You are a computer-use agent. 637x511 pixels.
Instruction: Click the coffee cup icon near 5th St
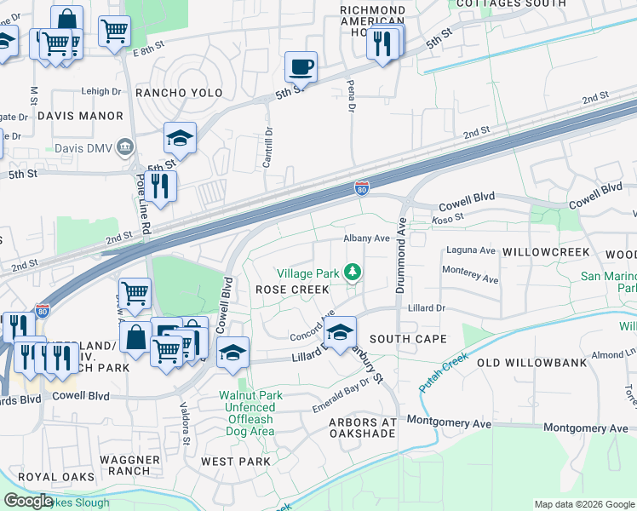pos(301,66)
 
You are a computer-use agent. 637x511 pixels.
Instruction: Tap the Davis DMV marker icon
pos(126,147)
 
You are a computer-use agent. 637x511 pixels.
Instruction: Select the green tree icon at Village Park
pos(352,273)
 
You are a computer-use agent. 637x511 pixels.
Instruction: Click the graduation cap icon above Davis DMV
pos(180,137)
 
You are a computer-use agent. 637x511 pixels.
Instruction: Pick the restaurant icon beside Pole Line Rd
pos(160,185)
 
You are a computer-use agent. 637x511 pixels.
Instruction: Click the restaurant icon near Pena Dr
pos(382,42)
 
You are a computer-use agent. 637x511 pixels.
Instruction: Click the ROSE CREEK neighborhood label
pos(292,290)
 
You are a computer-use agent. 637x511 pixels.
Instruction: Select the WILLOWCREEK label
pos(546,253)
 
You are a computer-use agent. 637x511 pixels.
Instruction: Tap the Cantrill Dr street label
pos(267,147)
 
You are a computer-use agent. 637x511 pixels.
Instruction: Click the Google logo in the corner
pos(28,501)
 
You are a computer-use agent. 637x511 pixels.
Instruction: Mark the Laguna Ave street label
pos(469,251)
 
